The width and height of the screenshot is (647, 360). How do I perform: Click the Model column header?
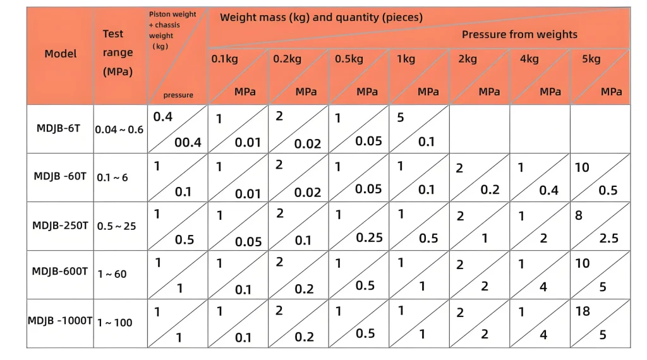(61, 54)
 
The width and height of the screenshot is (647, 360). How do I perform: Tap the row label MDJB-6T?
(58, 128)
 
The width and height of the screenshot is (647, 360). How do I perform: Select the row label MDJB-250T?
(61, 225)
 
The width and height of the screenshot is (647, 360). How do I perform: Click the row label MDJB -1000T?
(59, 321)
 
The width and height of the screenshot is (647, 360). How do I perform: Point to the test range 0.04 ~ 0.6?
(119, 129)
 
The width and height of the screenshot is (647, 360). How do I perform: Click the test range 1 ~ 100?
(114, 323)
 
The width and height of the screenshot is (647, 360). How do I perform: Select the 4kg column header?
(529, 59)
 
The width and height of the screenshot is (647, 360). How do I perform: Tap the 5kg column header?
(591, 59)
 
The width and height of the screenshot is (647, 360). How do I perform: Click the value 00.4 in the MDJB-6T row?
(188, 142)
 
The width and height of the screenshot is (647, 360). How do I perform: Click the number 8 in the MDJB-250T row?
(578, 215)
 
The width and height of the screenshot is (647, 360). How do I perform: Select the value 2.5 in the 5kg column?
(609, 238)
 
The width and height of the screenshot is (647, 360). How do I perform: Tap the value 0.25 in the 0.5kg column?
(369, 237)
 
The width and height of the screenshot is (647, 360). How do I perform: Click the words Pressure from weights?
(519, 34)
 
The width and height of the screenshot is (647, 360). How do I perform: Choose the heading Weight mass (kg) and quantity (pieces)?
(321, 18)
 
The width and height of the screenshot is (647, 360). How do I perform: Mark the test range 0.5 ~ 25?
(116, 226)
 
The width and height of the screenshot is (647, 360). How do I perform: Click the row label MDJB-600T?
(61, 272)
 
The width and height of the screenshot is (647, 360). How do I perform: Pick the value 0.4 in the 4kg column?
(548, 190)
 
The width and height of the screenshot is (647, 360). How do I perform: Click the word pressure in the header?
(178, 95)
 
